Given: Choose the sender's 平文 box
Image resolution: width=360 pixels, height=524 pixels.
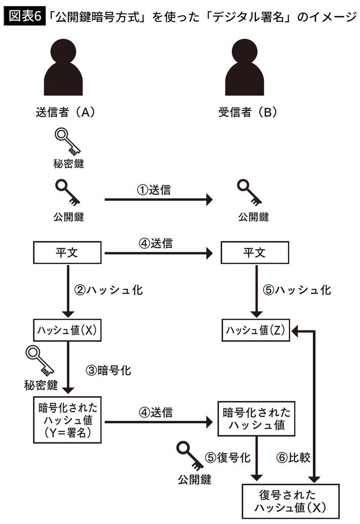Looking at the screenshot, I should pyautogui.click(x=68, y=252).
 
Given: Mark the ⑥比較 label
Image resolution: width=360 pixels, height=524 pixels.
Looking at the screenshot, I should pyautogui.click(x=296, y=457).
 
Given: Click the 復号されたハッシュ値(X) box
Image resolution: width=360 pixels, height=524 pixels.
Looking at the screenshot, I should pyautogui.click(x=290, y=501).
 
